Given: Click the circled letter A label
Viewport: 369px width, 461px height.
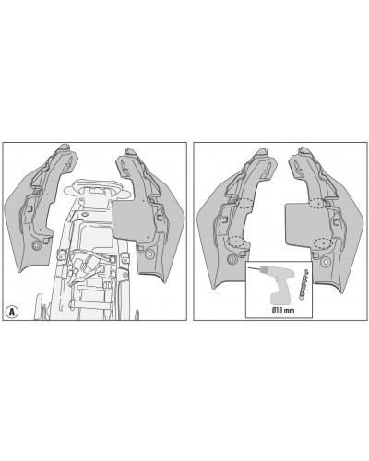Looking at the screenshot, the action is tap(12, 313).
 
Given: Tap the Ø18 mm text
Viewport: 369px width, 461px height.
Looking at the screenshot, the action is tap(283, 311).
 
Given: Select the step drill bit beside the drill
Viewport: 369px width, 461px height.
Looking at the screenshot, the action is tap(304, 284).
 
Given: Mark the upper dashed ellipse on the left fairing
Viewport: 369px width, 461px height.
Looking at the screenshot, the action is tap(245, 204).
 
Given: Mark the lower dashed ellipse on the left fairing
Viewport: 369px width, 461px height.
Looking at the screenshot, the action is tap(237, 242).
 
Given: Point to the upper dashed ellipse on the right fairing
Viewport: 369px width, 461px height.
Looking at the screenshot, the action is tap(318, 204).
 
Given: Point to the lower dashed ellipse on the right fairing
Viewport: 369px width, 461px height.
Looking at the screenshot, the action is tap(325, 242).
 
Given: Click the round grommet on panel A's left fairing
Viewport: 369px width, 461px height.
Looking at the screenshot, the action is tap(37, 245).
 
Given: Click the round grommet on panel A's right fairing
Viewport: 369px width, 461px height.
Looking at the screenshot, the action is tap(150, 254).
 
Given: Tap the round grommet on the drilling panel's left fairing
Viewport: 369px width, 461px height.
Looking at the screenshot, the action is tap(232, 260).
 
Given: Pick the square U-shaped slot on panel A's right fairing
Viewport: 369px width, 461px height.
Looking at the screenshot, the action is tap(160, 218).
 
